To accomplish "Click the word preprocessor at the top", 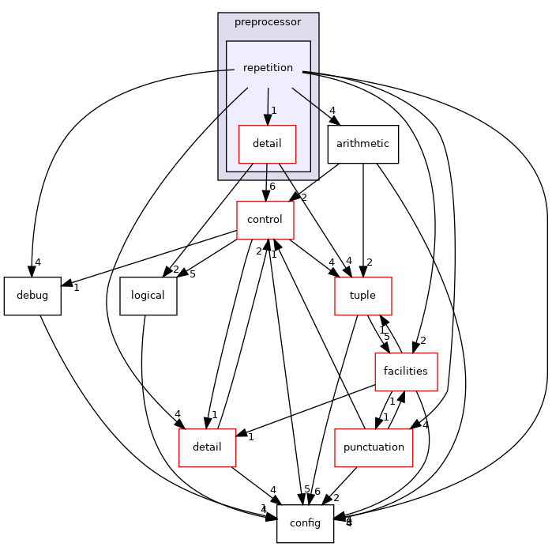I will click(x=268, y=22).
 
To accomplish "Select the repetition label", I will click(x=268, y=68).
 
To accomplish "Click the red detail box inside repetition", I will click(x=267, y=144).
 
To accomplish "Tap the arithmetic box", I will click(x=362, y=144).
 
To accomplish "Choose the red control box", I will click(x=265, y=220).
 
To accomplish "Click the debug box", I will click(x=32, y=296).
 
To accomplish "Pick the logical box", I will click(x=148, y=296).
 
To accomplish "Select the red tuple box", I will click(x=362, y=296).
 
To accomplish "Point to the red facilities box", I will click(x=406, y=372).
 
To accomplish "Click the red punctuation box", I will click(x=374, y=447).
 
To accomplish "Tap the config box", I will click(x=305, y=523).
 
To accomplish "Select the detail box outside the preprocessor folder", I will click(x=207, y=447).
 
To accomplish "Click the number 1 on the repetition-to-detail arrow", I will click(x=273, y=111).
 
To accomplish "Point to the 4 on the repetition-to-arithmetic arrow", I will click(x=332, y=111).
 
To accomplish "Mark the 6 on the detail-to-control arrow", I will click(x=272, y=187).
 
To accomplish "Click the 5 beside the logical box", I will click(x=192, y=275).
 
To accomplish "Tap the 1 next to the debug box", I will click(x=76, y=288).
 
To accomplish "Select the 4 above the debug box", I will click(x=36, y=262).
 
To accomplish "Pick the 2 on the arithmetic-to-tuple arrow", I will click(x=369, y=262).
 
